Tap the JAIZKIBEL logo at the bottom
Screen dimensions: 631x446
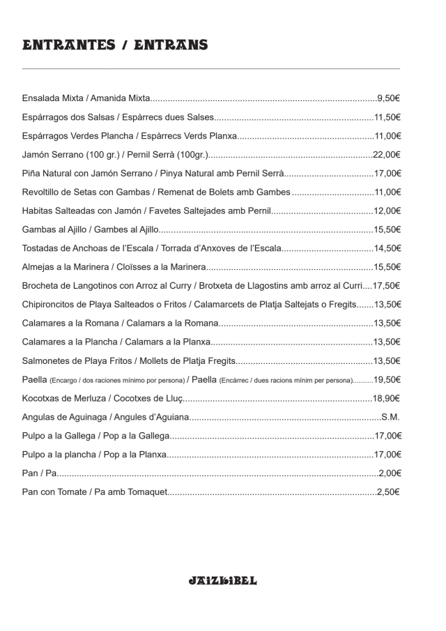tap(223, 580)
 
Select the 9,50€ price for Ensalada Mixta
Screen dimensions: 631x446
tap(388, 98)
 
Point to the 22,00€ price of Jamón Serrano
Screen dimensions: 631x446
tap(387, 155)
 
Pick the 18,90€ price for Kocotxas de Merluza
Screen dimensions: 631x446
tap(387, 398)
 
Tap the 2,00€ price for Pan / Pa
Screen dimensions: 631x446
tap(390, 473)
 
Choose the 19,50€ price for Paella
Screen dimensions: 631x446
tap(387, 379)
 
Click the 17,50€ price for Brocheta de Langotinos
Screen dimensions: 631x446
tap(387, 286)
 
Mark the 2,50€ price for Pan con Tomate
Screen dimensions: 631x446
tap(388, 492)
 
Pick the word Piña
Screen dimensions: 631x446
tap(32, 173)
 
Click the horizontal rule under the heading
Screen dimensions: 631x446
tap(211, 69)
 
